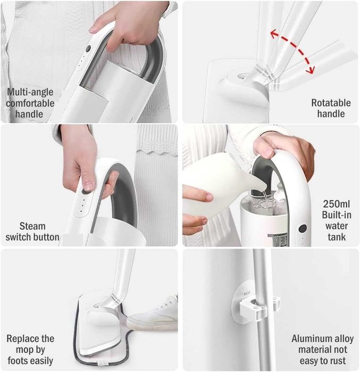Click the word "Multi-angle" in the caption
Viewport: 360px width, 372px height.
30,92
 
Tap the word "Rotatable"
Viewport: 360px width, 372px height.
331,103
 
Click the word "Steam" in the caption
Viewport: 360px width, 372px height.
32,226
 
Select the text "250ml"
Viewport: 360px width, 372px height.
336,204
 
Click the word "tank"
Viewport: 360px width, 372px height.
337,237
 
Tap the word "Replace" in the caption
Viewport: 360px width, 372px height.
20,338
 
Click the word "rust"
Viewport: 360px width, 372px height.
337,361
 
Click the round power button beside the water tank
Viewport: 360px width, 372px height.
303,228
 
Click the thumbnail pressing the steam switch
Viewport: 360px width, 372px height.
89,186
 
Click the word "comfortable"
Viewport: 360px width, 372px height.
30,103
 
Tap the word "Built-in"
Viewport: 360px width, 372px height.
337,215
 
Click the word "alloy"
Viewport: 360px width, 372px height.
343,339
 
